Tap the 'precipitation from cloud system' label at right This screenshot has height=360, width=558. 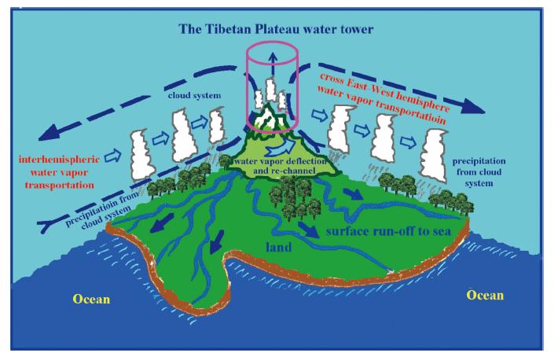click(x=477, y=172)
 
